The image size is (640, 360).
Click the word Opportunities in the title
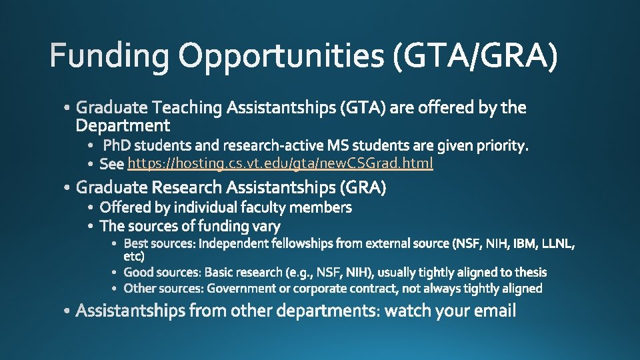[x=281, y=56]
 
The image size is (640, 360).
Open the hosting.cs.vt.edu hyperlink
[x=280, y=163]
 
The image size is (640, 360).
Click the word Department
[x=123, y=125]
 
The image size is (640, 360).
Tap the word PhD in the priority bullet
[x=117, y=145]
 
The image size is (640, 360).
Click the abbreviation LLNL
[x=556, y=243]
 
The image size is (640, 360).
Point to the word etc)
[x=134, y=256]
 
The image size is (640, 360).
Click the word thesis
[x=529, y=272]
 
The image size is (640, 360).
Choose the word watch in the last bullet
[x=408, y=311]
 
